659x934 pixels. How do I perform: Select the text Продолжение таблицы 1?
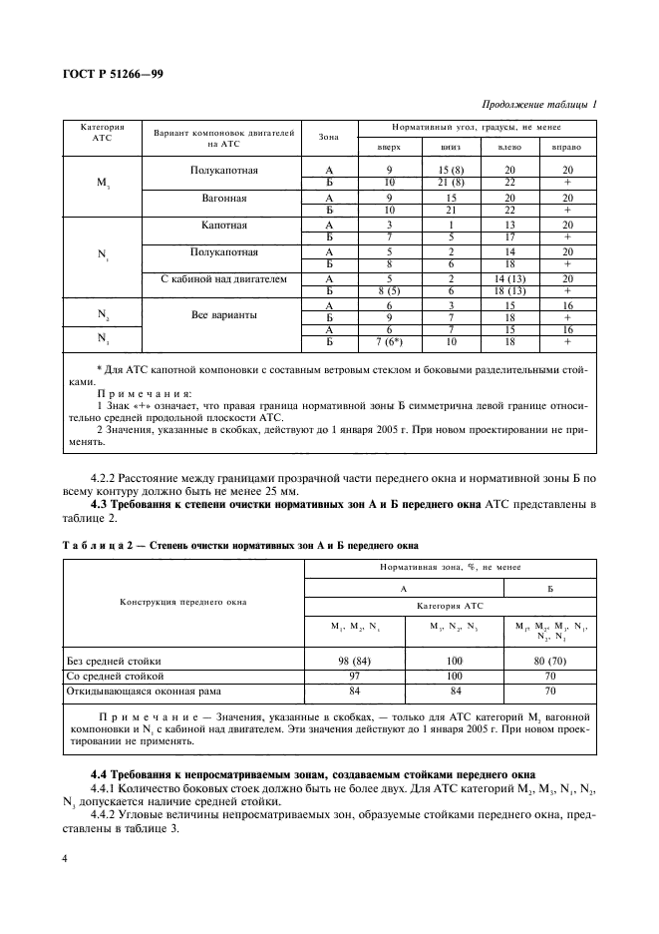538,105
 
